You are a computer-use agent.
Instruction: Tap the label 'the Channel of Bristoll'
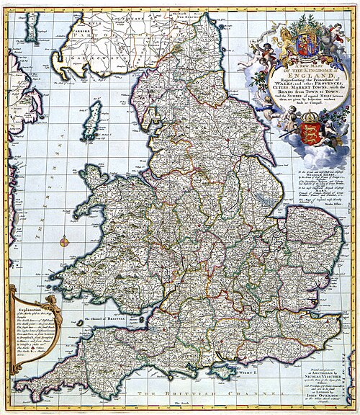click(x=104, y=319)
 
